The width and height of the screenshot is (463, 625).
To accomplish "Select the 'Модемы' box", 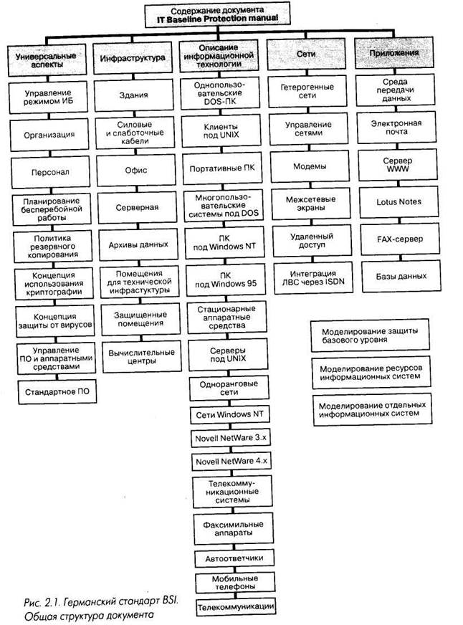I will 310,166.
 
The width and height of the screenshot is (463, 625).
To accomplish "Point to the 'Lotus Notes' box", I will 399,202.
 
